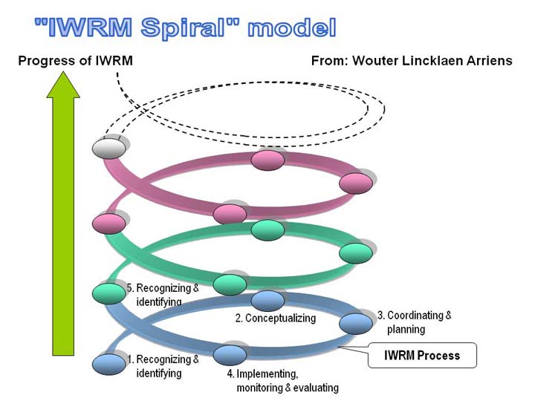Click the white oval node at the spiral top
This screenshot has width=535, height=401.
pos(109,149)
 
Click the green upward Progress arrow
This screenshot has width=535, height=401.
pos(63,213)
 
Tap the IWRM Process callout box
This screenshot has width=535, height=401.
pos(422,355)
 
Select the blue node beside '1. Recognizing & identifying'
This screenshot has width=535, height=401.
pos(109,364)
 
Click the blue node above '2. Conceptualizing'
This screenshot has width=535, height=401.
pos(267,301)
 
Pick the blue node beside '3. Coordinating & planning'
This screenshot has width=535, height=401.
pos(356,324)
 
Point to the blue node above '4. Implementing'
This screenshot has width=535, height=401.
pos(230,355)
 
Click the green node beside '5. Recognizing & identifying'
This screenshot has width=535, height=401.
pos(109,293)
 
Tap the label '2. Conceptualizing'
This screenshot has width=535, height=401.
pos(276,318)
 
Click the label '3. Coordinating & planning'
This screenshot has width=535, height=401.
pos(415,322)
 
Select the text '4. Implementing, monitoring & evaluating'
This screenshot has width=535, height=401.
pos(283,381)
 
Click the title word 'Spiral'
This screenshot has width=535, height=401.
pos(184,27)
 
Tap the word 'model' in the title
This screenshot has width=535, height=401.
pos(292,27)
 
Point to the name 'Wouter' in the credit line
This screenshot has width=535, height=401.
pos(375,61)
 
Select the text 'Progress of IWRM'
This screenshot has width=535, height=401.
pos(75,61)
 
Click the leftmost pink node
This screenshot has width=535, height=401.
pos(109,224)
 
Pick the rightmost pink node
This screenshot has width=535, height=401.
pos(356,183)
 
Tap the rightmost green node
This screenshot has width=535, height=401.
pos(356,253)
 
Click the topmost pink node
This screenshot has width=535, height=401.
pos(267,160)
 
